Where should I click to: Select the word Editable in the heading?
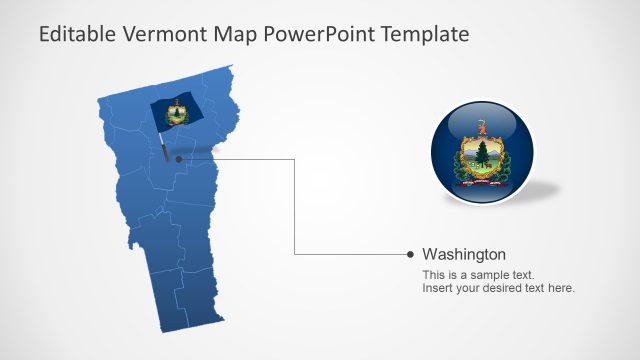76,34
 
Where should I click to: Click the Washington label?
464,254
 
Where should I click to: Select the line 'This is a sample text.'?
478,274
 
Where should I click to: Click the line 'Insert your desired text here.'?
498,288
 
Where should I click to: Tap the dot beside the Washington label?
411,254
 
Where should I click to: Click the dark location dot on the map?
178,158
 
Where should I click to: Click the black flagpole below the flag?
163,147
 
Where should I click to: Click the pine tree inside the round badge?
484,152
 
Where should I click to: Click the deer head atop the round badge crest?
482,127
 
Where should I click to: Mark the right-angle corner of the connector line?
295,255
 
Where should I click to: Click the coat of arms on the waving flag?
177,114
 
